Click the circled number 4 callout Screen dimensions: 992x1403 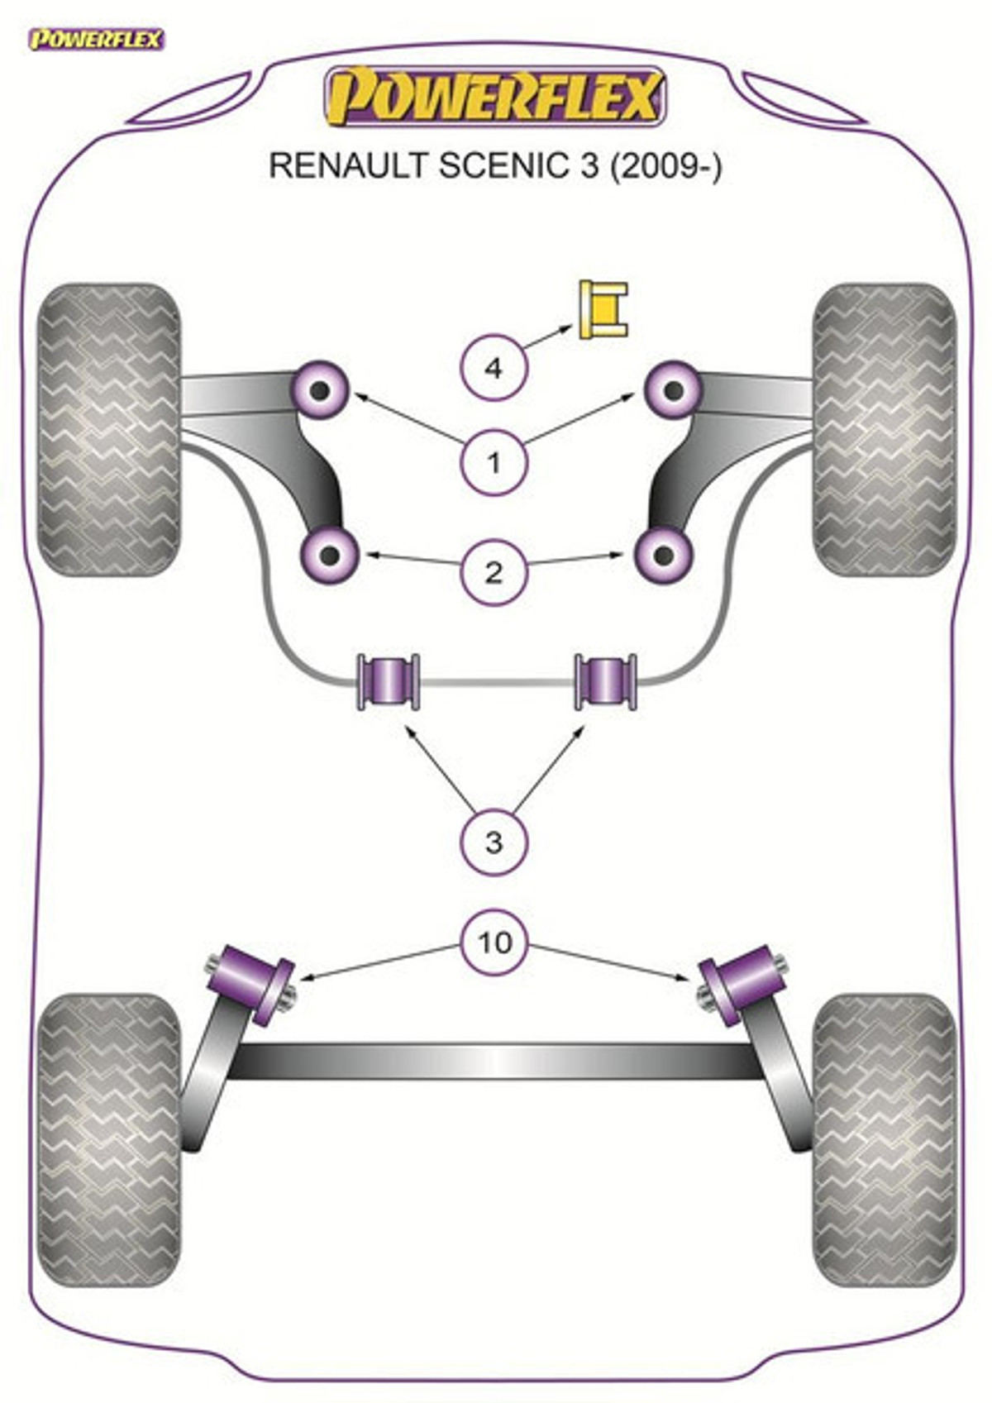pos(494,368)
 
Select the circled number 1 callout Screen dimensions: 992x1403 pos(494,463)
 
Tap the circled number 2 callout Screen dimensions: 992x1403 pos(494,572)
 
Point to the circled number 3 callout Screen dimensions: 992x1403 pos(494,842)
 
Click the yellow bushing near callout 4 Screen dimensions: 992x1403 pos(603,310)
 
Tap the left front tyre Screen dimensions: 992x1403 pos(109,430)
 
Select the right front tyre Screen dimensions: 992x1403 pos(885,430)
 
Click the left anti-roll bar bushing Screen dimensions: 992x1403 pos(389,682)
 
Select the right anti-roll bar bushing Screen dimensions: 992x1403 pos(606,682)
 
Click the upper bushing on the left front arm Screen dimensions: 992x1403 pos(320,391)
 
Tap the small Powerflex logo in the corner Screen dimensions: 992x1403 pos(97,40)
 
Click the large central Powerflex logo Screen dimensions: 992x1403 pos(494,97)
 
